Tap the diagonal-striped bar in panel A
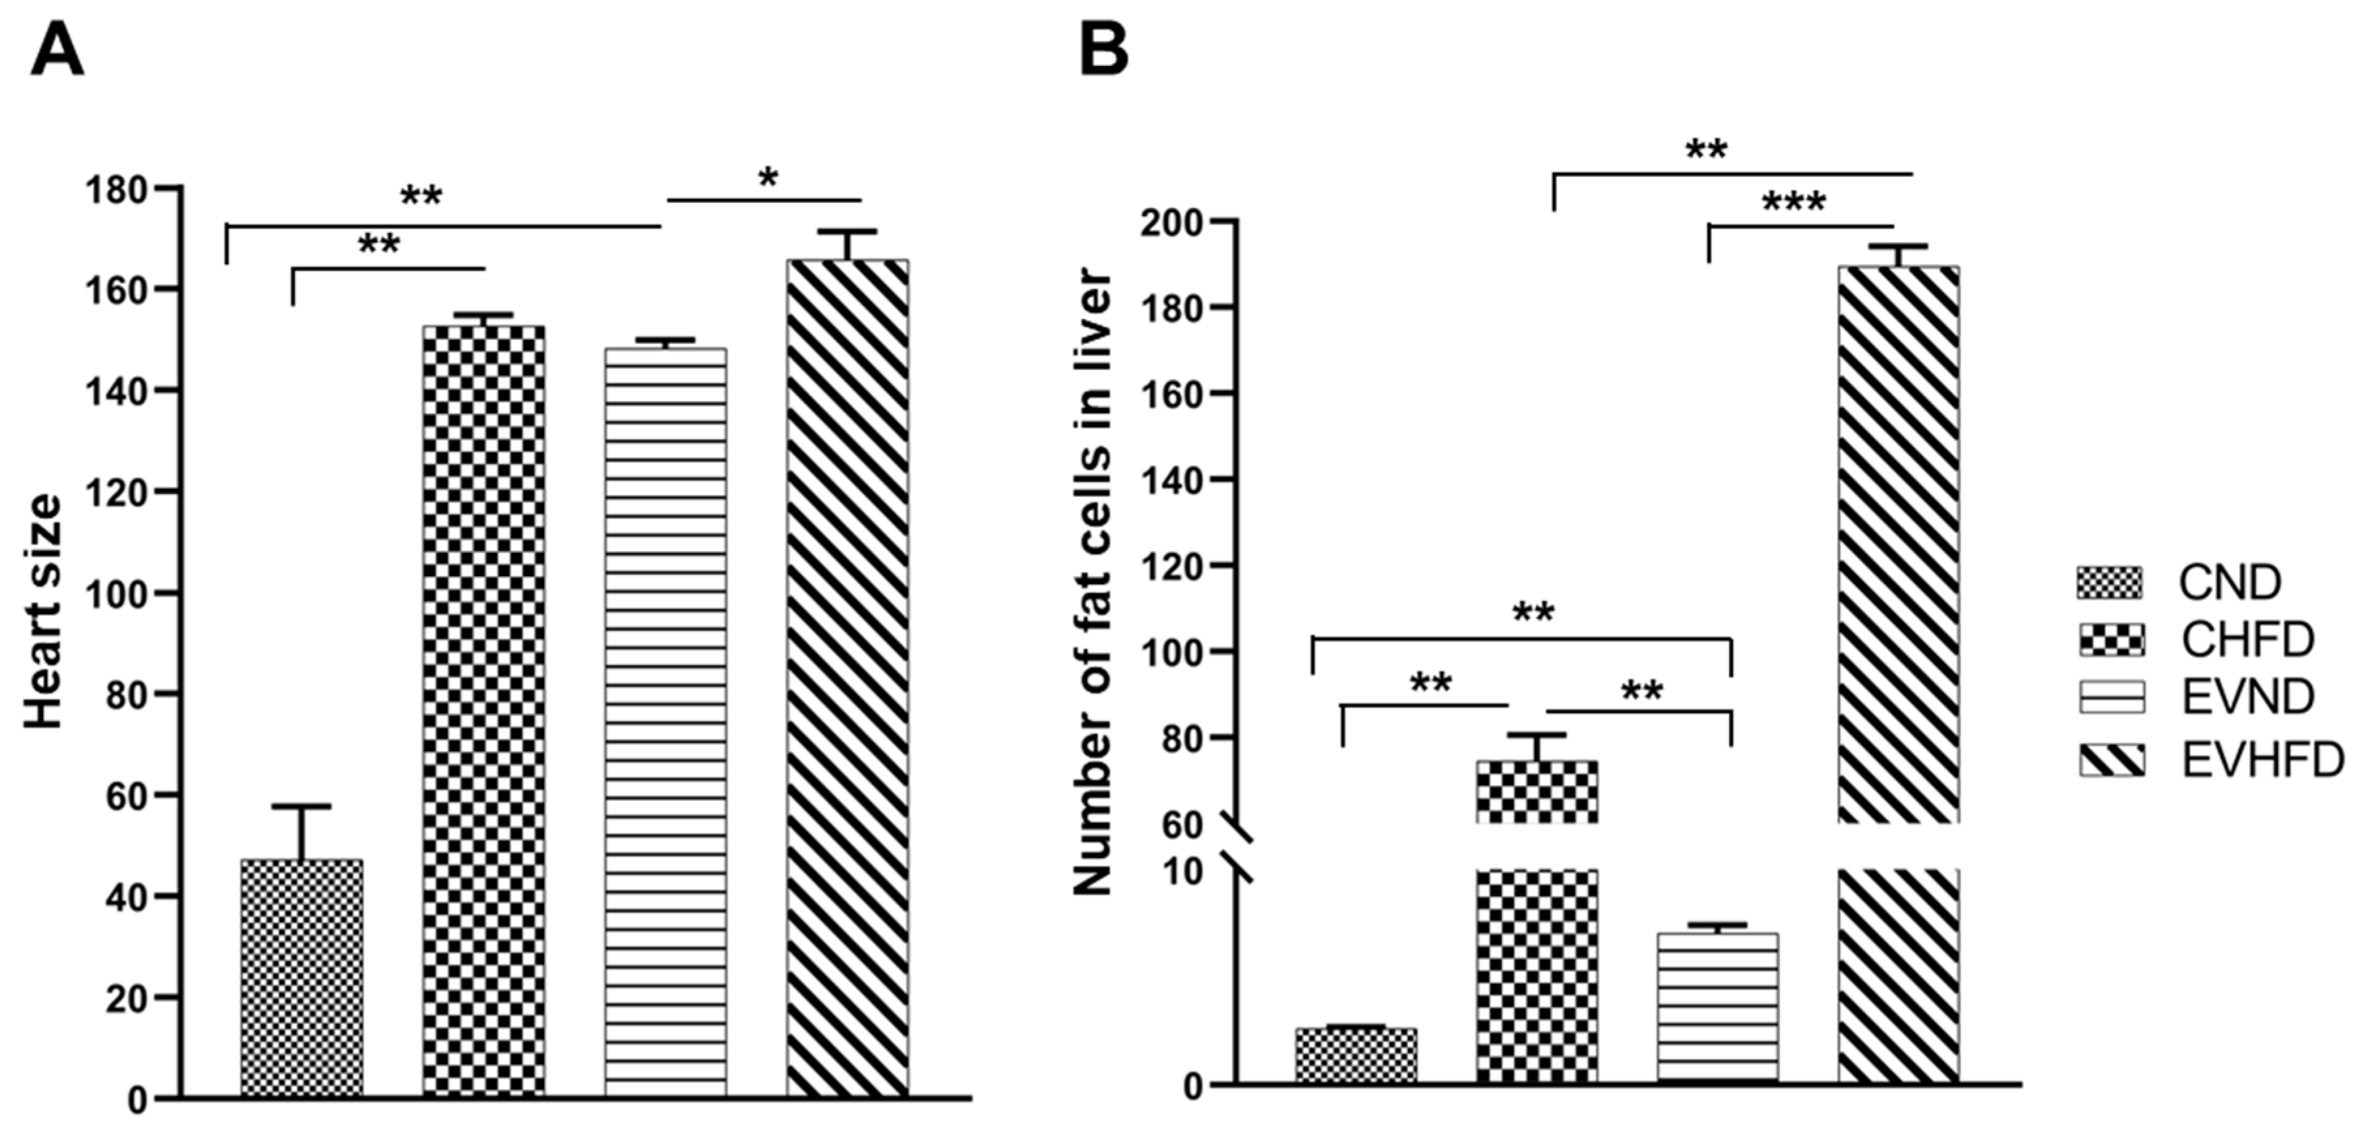point(847,678)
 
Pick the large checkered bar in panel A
point(483,710)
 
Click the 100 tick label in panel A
point(115,594)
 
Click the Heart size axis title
point(43,612)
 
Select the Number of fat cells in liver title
point(1092,581)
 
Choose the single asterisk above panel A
point(768,179)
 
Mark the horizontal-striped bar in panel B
point(1717,1007)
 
